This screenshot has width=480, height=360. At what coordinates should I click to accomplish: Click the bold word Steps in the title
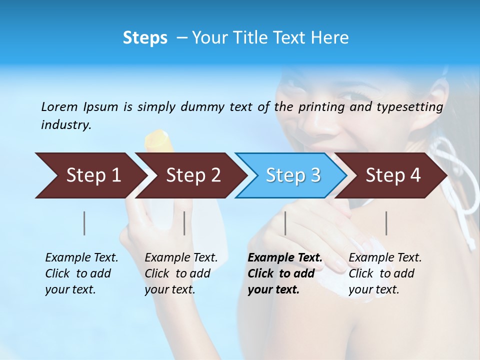click(x=145, y=38)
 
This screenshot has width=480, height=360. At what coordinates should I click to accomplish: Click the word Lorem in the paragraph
click(x=59, y=106)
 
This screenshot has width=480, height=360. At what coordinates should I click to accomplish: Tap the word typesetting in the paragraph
click(x=409, y=107)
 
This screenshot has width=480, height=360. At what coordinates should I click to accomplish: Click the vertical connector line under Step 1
click(x=84, y=223)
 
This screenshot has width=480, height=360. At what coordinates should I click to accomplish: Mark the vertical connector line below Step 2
click(x=184, y=223)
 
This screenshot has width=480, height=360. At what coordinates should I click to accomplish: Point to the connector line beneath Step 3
click(x=285, y=223)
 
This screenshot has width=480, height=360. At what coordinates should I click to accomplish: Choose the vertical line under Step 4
click(x=386, y=223)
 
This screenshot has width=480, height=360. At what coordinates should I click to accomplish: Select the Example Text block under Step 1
click(x=81, y=273)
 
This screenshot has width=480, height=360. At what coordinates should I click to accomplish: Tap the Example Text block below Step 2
click(x=181, y=273)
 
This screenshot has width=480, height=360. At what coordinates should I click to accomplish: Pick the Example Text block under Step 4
click(x=385, y=273)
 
